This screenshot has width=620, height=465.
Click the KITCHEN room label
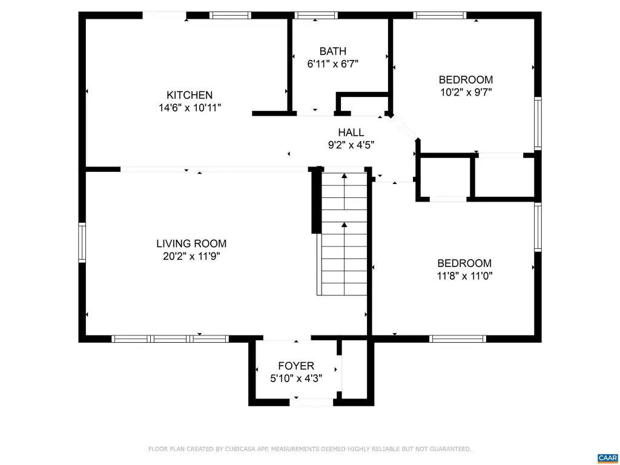(190, 95)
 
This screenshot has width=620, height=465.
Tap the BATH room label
(333, 51)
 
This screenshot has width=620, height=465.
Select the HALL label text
(351, 132)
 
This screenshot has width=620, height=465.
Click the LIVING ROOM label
(191, 243)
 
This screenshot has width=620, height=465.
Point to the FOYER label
(296, 366)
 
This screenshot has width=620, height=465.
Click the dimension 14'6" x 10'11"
(190, 108)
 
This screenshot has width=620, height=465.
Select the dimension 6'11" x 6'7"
(333, 64)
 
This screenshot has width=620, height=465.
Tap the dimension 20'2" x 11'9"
(191, 256)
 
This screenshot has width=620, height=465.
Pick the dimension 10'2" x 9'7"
(466, 92)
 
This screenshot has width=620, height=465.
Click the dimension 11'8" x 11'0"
(464, 275)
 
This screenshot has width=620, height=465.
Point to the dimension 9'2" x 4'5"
(351, 145)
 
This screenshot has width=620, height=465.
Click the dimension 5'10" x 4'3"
(296, 378)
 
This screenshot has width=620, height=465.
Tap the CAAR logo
(608, 458)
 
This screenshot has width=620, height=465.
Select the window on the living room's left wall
(82, 242)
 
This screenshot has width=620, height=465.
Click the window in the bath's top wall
(316, 15)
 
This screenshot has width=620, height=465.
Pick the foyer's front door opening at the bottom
(311, 403)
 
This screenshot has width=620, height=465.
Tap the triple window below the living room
(170, 338)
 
